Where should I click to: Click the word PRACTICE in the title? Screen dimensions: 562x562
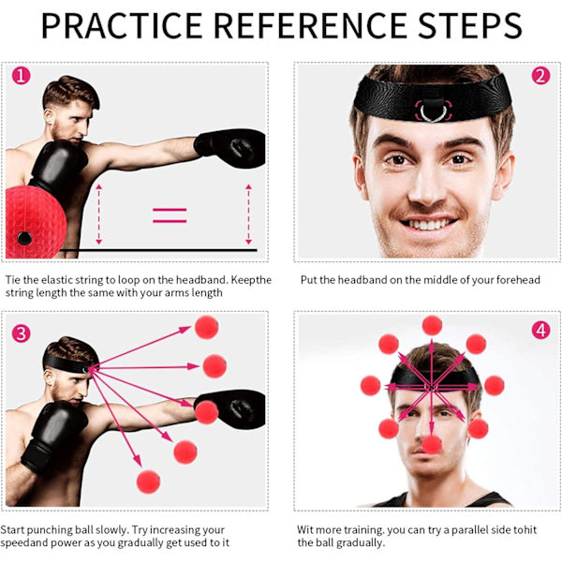click(122, 25)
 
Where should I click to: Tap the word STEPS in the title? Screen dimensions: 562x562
click(470, 25)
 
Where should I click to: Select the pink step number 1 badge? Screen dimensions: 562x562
click(22, 76)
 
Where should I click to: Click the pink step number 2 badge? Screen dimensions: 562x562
click(540, 76)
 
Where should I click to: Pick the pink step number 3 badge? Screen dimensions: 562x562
click(22, 333)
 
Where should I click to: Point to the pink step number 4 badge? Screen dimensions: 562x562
click(540, 330)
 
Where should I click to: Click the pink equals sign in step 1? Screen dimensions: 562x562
click(170, 215)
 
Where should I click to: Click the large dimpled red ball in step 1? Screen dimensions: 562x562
click(36, 222)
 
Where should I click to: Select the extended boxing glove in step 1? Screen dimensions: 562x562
click(230, 148)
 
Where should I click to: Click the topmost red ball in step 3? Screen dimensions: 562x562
click(206, 327)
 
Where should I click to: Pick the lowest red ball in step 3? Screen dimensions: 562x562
click(148, 481)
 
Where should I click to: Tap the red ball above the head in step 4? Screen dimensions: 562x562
click(432, 325)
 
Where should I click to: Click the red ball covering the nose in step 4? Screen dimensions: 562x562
click(432, 445)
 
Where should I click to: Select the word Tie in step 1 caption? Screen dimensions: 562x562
click(12, 279)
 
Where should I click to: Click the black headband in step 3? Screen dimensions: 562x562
click(70, 362)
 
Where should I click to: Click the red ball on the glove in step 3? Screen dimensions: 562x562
click(206, 412)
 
